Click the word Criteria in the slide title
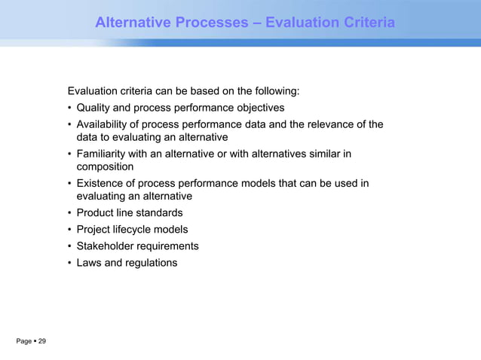pos(365,24)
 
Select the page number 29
pos(42,343)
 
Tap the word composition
pos(106,166)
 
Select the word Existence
pos(102,184)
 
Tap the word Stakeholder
pos(107,246)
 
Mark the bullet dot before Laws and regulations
pos(69,264)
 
